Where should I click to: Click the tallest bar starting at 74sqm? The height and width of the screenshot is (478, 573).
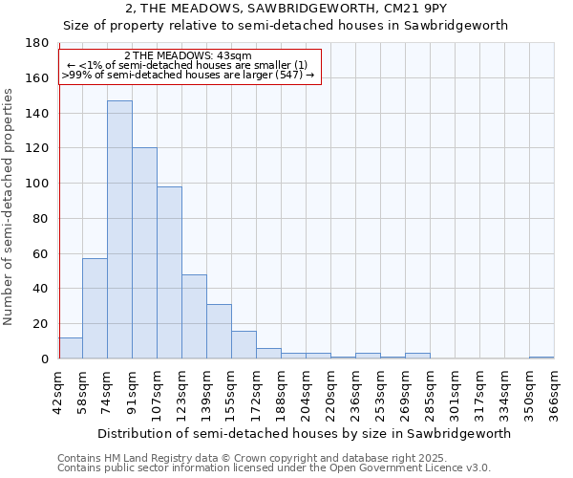119,229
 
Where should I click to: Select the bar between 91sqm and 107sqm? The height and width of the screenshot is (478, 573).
144,253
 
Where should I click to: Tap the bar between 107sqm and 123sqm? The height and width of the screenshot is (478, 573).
169,272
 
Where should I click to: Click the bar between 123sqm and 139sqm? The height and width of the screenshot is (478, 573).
194,316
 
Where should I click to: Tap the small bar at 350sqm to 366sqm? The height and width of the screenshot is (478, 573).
541,358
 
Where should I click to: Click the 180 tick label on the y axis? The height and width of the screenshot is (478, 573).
37,43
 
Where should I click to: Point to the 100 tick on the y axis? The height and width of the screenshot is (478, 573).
37,184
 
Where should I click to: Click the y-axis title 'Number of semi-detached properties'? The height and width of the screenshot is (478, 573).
10,206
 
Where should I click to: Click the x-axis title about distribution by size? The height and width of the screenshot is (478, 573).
304,433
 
